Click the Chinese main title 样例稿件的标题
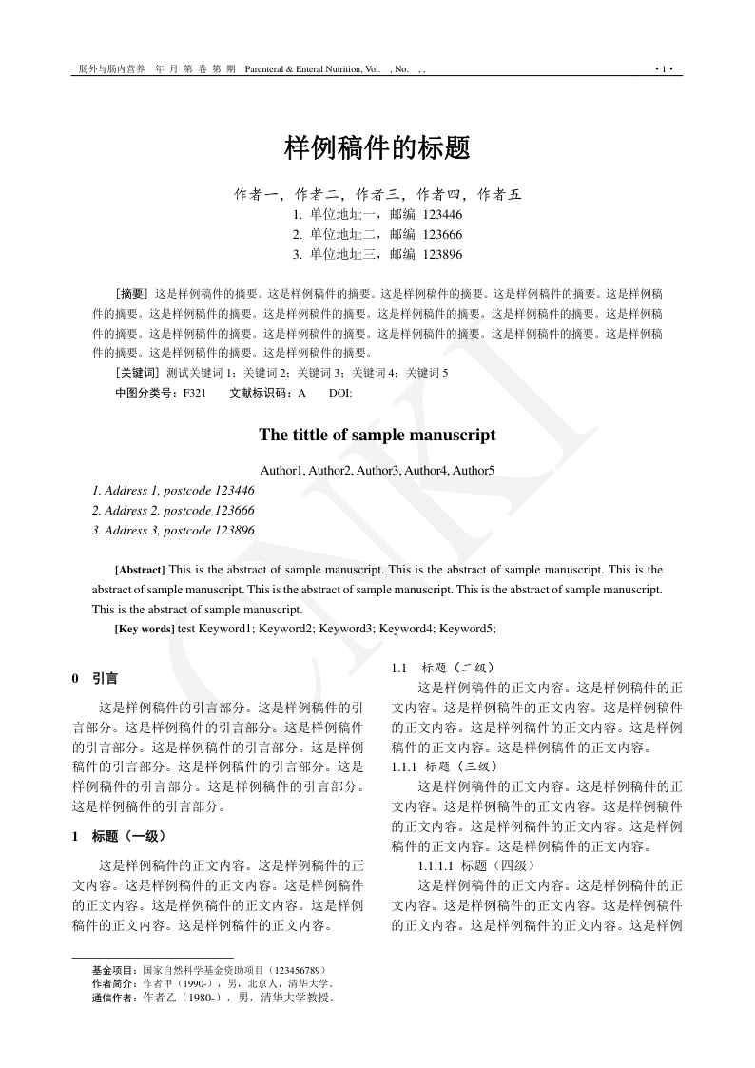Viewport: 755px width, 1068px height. [x=377, y=147]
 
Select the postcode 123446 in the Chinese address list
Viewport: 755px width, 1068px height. [x=442, y=215]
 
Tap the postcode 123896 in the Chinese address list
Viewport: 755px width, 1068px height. [x=442, y=254]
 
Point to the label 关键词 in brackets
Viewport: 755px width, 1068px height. [x=138, y=373]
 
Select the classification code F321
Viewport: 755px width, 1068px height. [x=194, y=393]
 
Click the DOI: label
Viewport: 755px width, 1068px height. [x=340, y=393]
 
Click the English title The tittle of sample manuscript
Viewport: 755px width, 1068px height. [x=377, y=435]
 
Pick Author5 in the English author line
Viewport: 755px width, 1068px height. [x=474, y=470]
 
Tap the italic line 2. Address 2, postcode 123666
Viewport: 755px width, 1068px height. [x=173, y=510]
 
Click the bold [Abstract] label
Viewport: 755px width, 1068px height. [x=140, y=571]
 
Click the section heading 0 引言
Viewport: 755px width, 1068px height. [x=95, y=679]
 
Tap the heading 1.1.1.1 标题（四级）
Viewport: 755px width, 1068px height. [x=476, y=865]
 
